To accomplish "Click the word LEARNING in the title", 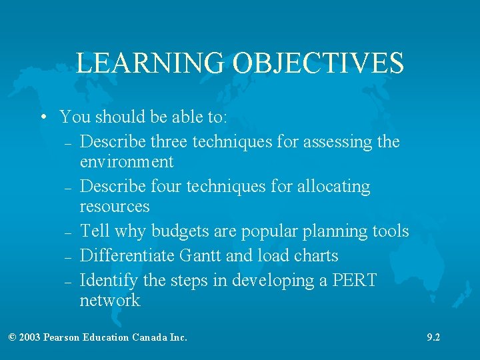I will point(150,63).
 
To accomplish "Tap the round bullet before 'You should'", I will point(43,118).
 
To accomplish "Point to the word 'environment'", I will point(127,161).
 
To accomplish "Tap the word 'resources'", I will point(115,206).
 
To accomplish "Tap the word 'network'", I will point(110,300).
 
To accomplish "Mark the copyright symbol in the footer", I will point(13,337).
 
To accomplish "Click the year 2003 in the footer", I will point(30,337).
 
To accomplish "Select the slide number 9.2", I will point(433,337).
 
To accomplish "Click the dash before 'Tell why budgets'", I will point(69,233).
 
